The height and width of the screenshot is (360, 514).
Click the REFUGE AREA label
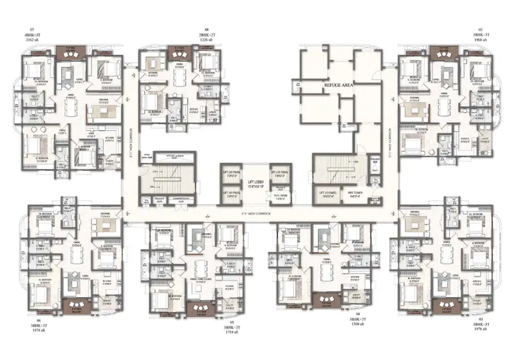[338, 86]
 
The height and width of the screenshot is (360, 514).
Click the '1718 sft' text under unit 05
[230, 333]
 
